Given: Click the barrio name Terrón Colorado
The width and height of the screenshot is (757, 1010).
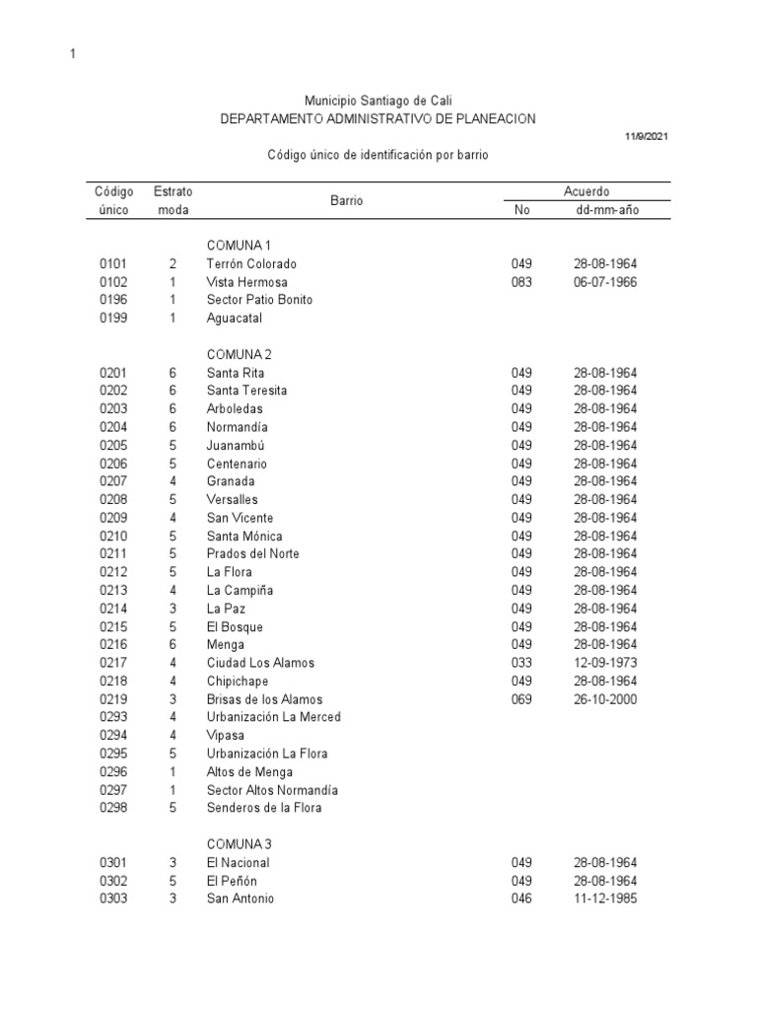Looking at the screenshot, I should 251,264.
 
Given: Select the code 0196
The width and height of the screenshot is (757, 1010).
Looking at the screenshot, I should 114,300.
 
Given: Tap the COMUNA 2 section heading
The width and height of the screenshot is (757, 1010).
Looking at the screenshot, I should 241,354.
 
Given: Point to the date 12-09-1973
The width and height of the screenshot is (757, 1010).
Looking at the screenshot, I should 605,663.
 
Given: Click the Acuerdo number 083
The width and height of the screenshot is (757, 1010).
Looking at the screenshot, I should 521,282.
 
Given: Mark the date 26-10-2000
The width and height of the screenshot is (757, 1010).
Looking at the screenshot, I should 605,699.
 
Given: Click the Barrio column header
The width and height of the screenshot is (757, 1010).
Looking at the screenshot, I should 347,200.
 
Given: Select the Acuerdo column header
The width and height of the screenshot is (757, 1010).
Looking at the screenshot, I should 586,191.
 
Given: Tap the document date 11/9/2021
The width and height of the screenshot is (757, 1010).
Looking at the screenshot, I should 647,136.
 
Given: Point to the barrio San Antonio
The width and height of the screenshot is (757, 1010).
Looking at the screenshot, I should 241,899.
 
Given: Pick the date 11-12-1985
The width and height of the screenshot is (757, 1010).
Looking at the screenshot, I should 605,899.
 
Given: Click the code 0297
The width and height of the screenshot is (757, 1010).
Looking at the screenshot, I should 114,790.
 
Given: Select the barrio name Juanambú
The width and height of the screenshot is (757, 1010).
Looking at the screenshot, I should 237,445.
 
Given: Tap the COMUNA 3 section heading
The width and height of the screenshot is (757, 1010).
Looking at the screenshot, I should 241,844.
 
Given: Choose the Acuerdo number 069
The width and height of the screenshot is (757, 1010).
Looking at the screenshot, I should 521,699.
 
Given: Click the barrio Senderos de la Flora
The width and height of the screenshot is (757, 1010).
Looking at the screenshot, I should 264,808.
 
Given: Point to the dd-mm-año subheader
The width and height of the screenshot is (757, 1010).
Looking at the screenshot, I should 605,210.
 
